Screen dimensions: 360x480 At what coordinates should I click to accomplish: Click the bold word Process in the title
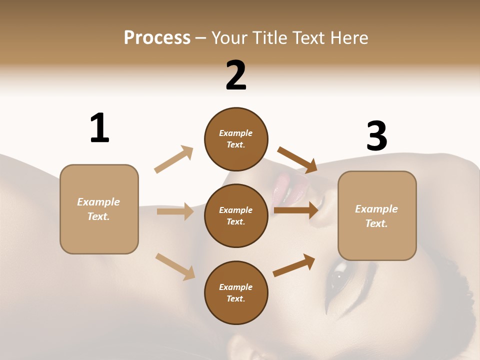tap(157, 38)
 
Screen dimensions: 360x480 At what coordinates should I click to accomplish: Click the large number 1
tap(99, 128)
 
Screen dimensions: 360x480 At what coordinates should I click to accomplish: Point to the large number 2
tap(236, 75)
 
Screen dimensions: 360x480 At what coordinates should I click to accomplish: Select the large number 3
tap(376, 136)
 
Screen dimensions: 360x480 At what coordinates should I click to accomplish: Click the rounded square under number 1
tap(99, 209)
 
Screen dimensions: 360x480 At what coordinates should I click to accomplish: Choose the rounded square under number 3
tap(377, 215)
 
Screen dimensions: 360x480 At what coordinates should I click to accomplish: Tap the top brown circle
tap(236, 139)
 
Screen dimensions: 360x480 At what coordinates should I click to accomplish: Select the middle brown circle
tap(236, 215)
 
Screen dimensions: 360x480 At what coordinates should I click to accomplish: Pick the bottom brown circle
tap(236, 292)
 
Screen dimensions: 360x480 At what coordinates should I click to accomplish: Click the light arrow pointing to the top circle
tap(174, 159)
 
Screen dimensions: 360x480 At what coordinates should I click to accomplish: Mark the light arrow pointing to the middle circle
tap(175, 211)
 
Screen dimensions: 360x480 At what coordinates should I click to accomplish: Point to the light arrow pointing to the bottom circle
tap(175, 266)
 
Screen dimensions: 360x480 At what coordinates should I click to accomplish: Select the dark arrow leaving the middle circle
tap(296, 210)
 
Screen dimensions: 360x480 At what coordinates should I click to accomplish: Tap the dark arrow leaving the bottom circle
tap(294, 265)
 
